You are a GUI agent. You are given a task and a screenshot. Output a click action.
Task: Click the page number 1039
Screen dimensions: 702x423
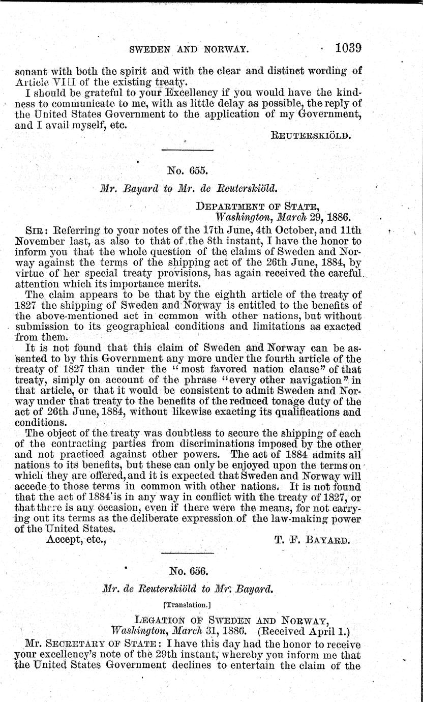tap(348, 49)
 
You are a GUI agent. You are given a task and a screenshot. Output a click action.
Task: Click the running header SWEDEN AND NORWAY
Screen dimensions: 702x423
tap(189, 50)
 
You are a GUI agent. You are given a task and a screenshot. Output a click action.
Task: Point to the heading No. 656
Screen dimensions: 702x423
tap(187, 571)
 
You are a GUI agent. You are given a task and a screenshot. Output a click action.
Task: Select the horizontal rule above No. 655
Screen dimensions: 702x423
tap(187, 150)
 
